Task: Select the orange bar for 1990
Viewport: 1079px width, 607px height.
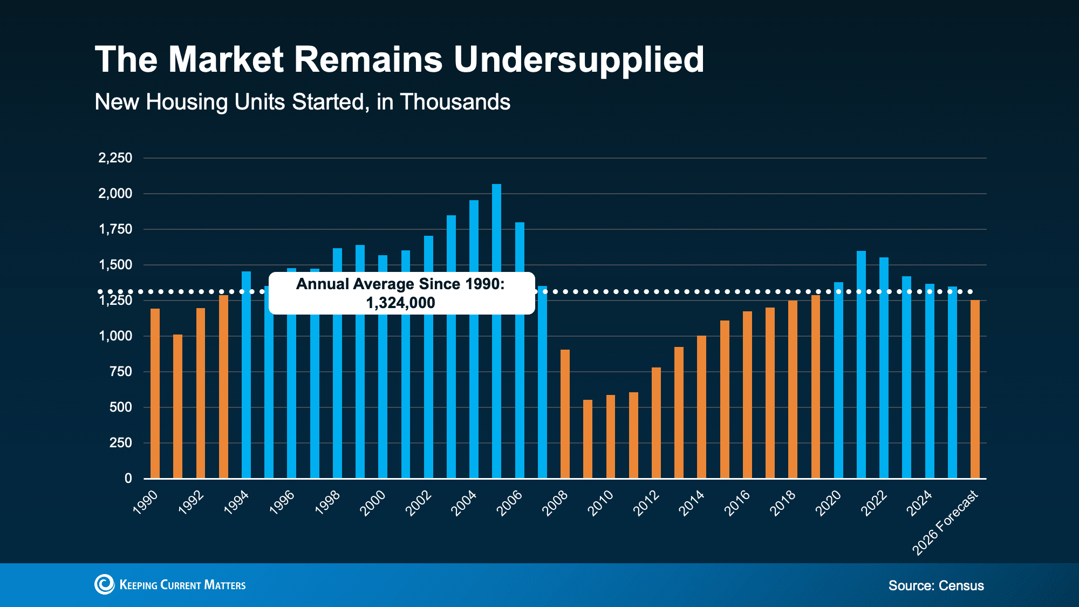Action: click(155, 394)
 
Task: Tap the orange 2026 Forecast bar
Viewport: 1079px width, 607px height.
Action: click(975, 388)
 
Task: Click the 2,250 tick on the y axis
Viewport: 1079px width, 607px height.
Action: click(115, 158)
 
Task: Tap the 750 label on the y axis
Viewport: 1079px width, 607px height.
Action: click(120, 372)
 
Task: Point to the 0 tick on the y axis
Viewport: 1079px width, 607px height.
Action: click(128, 479)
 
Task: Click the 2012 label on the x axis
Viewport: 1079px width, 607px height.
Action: click(646, 503)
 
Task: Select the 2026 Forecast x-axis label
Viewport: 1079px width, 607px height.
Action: click(945, 522)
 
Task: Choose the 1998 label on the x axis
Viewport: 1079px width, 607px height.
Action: click(327, 503)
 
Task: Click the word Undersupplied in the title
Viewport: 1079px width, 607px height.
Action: click(578, 59)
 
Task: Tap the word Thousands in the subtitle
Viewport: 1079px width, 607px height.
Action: click(455, 102)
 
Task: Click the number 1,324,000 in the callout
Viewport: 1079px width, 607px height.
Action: click(400, 303)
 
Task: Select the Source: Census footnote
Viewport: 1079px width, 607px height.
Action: click(936, 585)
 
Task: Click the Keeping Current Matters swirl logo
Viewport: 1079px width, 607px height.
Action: click(104, 584)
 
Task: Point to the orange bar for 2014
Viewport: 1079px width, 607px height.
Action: click(701, 407)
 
